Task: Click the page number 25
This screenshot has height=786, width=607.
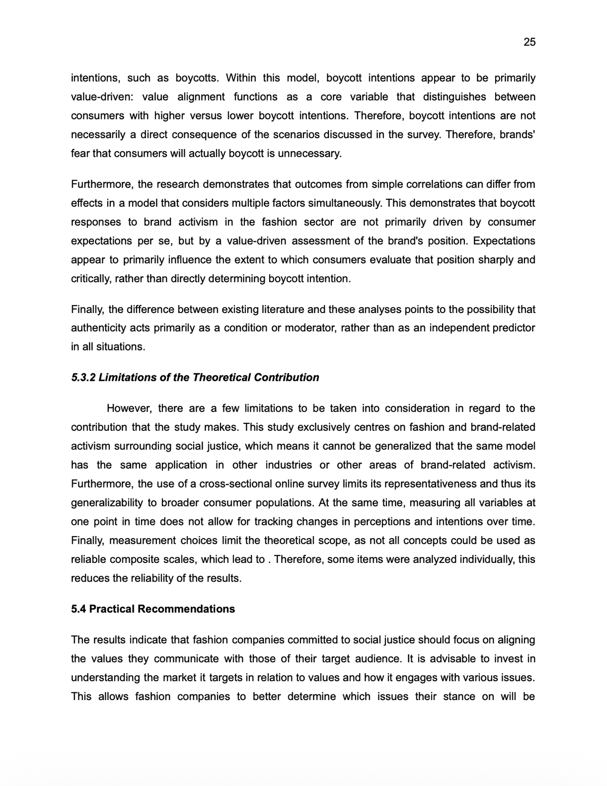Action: click(529, 42)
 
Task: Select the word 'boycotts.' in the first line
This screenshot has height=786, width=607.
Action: click(197, 78)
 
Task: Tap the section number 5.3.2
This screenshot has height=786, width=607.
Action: click(83, 377)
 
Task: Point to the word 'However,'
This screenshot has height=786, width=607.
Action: click(129, 408)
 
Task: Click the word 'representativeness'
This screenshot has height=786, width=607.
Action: click(430, 484)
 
